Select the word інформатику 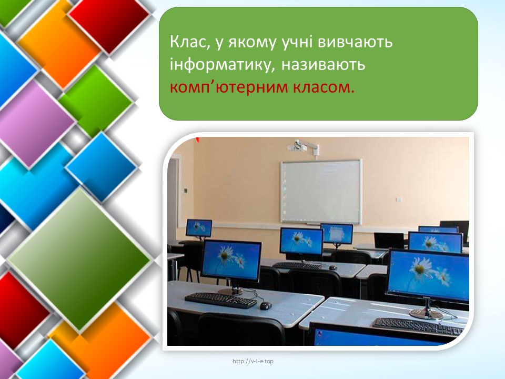[x=222, y=64]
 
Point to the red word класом [x=324, y=88]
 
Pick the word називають [x=323, y=65]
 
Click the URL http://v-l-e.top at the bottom [x=253, y=361]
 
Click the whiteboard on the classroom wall [x=321, y=192]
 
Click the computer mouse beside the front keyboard [x=266, y=305]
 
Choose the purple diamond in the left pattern [x=36, y=124]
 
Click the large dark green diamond [x=79, y=259]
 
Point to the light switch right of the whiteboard [x=398, y=199]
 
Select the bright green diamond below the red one [x=96, y=101]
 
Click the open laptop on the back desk [x=389, y=241]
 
